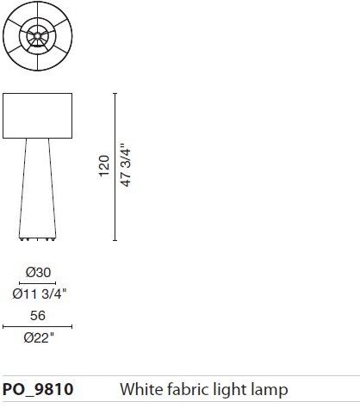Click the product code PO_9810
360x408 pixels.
tap(39, 389)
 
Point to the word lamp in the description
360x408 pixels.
tap(269, 390)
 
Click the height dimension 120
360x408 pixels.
tap(104, 166)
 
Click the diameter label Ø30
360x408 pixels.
tap(37, 272)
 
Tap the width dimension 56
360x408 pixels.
tap(37, 315)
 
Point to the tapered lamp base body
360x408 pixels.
tap(37, 185)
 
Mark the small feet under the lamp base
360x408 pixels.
tap(37, 237)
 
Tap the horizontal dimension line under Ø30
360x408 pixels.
tap(37, 282)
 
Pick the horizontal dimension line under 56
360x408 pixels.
tap(37, 325)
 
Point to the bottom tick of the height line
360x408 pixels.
tap(115, 240)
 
